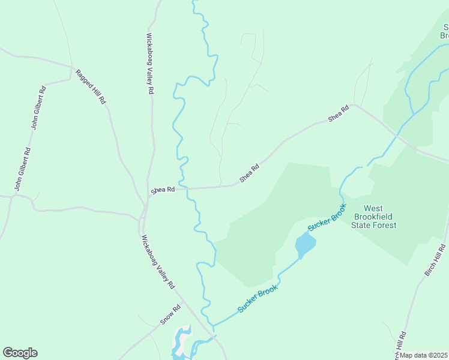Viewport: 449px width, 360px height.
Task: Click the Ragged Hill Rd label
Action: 90,87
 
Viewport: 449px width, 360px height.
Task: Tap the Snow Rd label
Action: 170,316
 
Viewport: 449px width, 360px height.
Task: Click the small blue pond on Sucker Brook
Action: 304,245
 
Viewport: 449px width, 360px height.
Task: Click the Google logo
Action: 20,353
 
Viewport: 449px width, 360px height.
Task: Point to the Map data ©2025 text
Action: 424,355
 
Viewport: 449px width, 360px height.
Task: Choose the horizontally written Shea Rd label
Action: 163,190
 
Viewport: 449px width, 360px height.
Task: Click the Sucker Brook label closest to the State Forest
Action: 327,217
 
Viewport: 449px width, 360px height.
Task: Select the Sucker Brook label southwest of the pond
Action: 259,299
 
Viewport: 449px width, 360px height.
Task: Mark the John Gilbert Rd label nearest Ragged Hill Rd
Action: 39,109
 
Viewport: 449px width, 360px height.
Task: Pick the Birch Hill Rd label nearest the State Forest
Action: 435,260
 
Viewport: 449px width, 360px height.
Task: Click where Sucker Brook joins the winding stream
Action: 213,326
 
